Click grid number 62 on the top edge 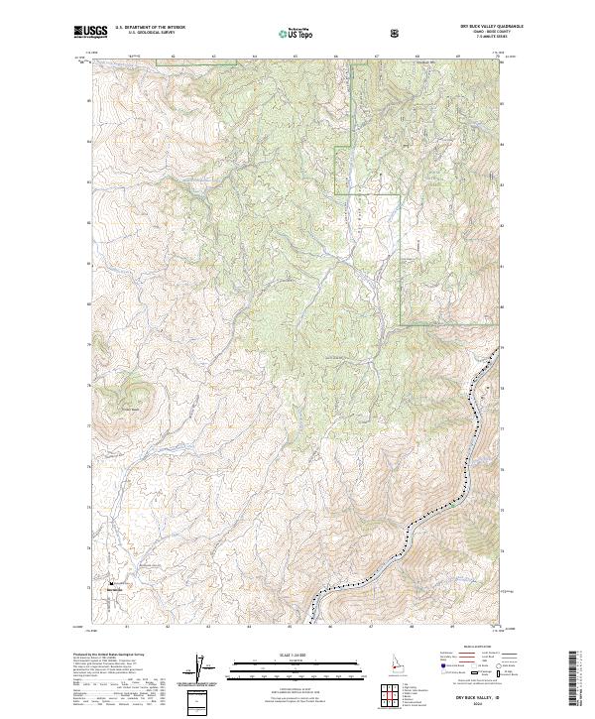click(x=174, y=57)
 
